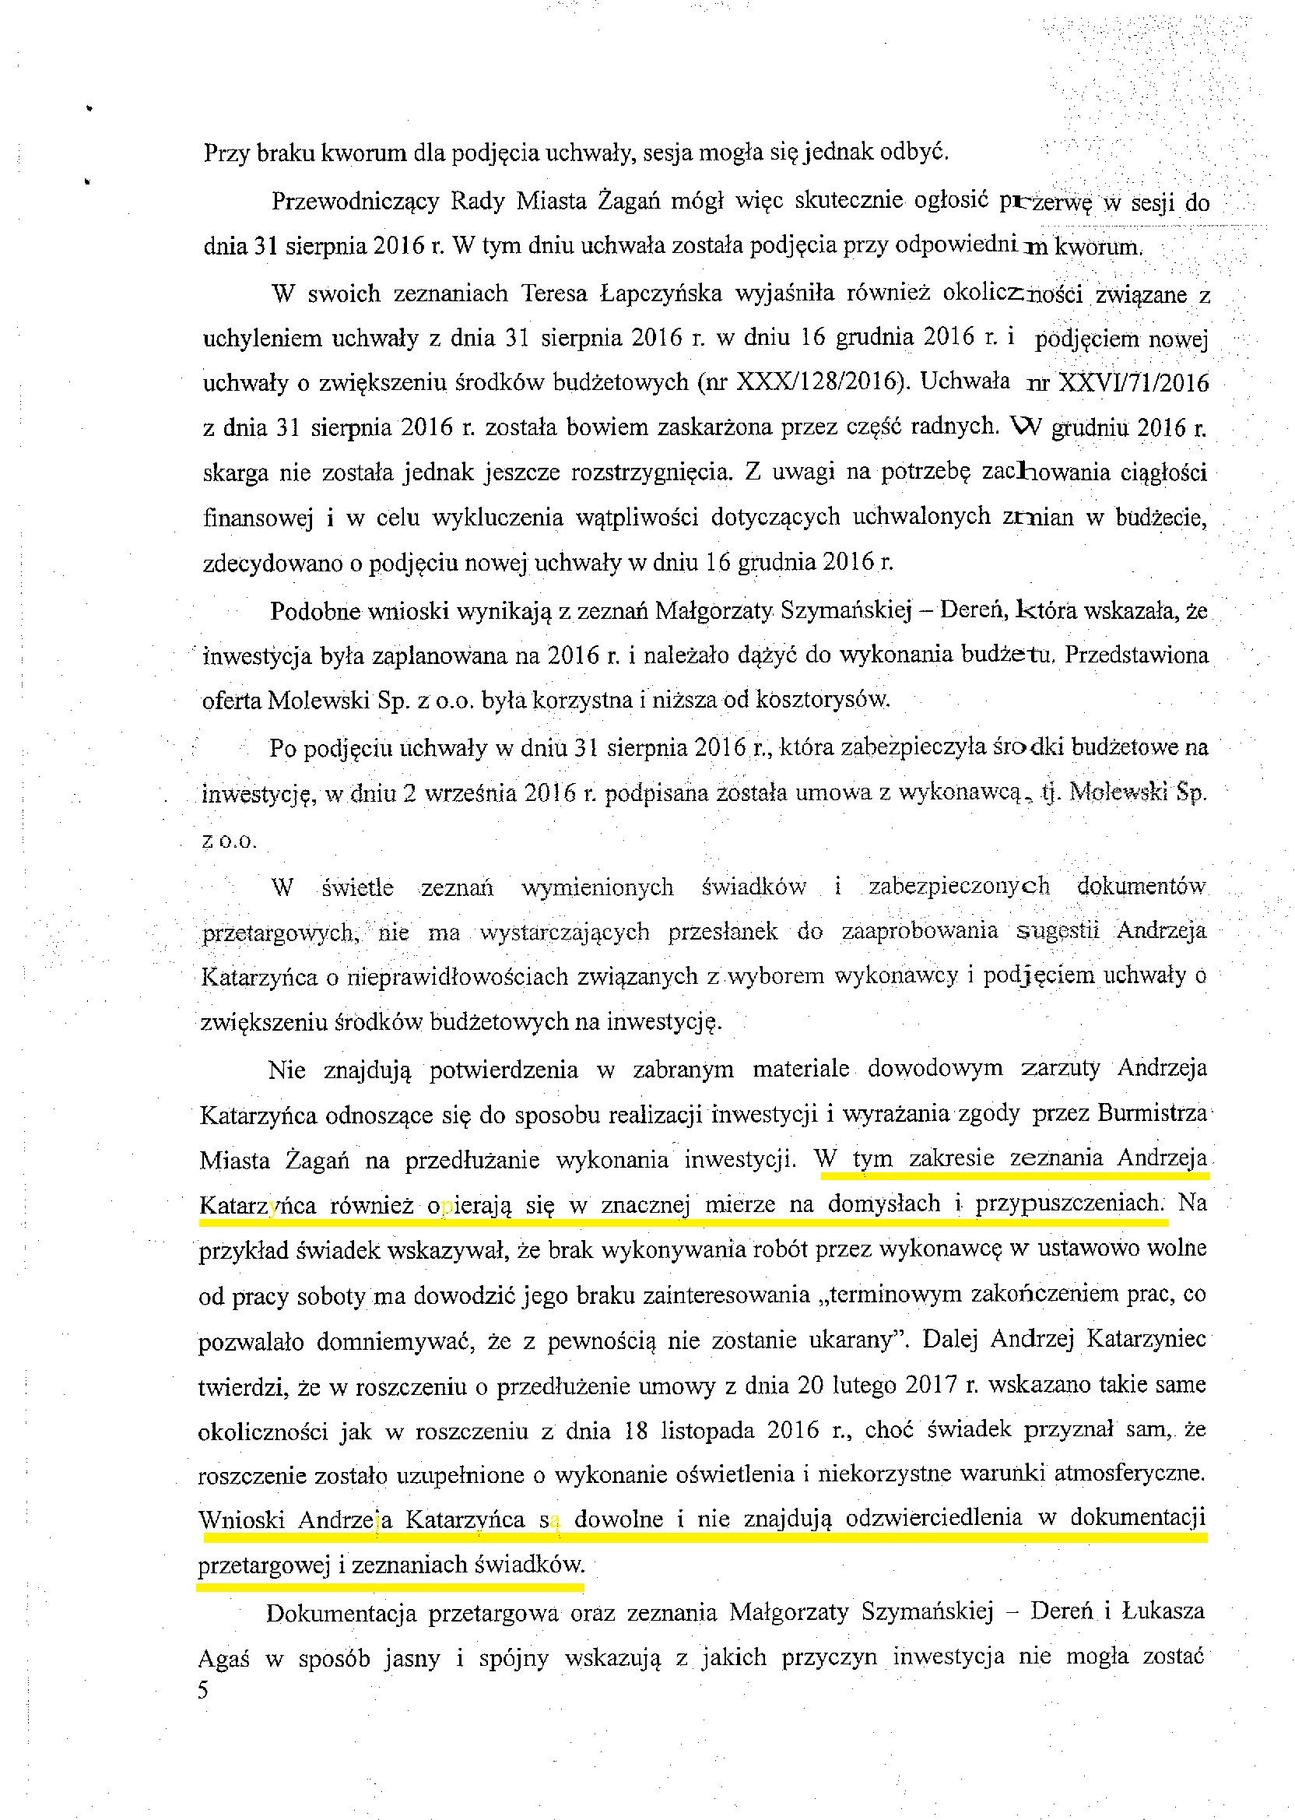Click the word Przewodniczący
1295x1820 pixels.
pyautogui.click(x=355, y=201)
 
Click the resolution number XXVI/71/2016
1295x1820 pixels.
pyautogui.click(x=1132, y=383)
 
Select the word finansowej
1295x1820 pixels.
pyautogui.click(x=258, y=518)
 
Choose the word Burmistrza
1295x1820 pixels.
pyautogui.click(x=1152, y=1113)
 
